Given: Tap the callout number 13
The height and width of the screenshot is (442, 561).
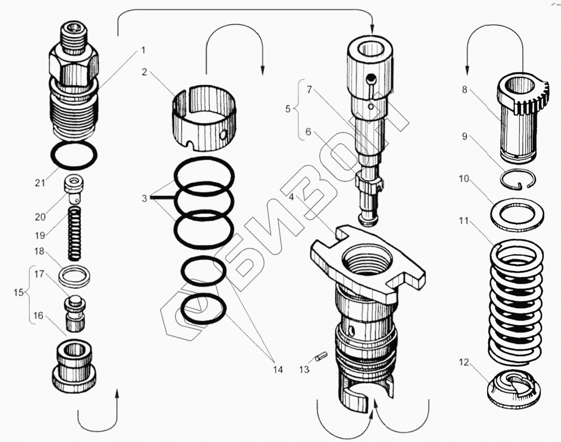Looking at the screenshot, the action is coord(304,370).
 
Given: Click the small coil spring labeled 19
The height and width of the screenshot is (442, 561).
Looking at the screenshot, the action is coord(74,231).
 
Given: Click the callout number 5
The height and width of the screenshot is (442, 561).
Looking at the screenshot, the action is coord(288,109).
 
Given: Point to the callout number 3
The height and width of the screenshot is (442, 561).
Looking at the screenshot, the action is coord(144,198).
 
